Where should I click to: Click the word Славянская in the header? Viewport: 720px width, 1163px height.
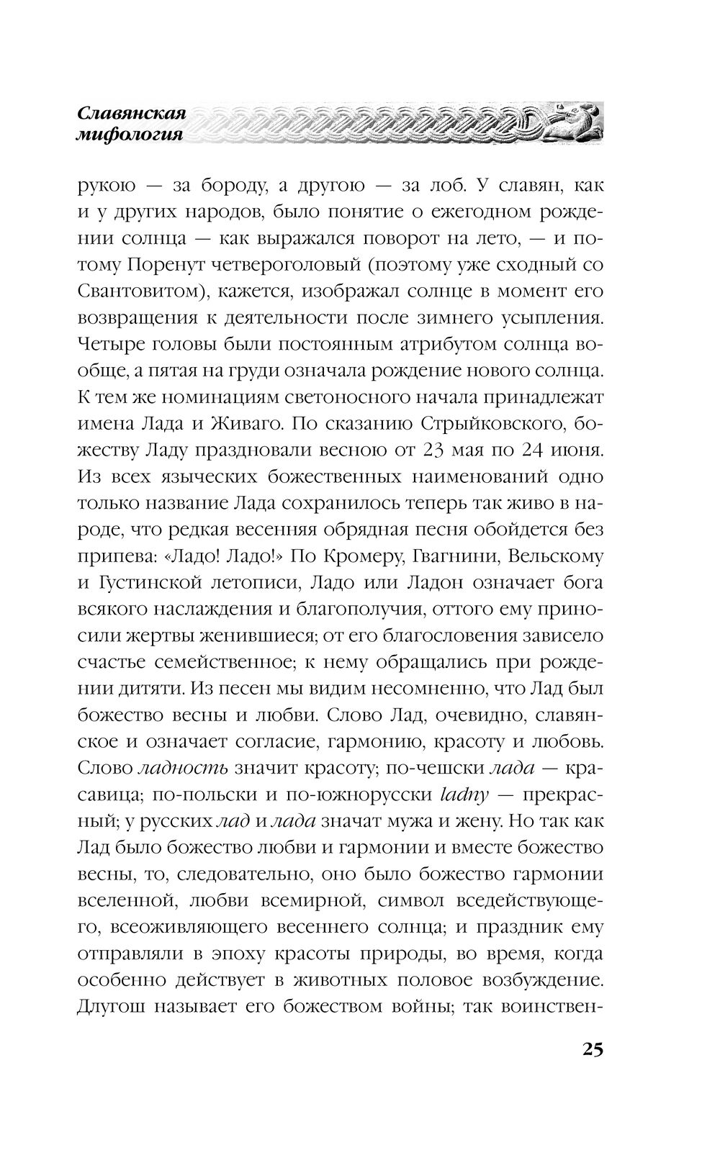(x=132, y=113)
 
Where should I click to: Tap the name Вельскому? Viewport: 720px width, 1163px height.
(x=566, y=557)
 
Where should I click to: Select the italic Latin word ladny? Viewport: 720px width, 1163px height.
(x=464, y=796)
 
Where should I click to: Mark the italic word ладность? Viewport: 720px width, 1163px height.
(x=182, y=769)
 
